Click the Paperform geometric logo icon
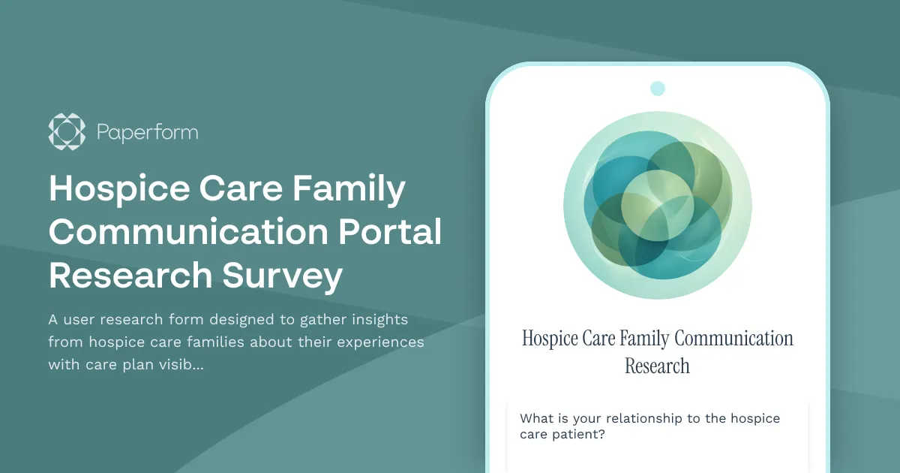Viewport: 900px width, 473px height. pos(67,132)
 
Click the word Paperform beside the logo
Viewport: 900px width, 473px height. pos(148,133)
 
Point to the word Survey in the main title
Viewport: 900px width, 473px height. pos(283,276)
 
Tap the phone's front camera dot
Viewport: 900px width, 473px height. pos(658,89)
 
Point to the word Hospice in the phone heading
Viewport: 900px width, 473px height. pos(550,339)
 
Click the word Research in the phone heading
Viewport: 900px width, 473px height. pos(657,366)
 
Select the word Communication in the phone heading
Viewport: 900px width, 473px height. pos(733,339)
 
